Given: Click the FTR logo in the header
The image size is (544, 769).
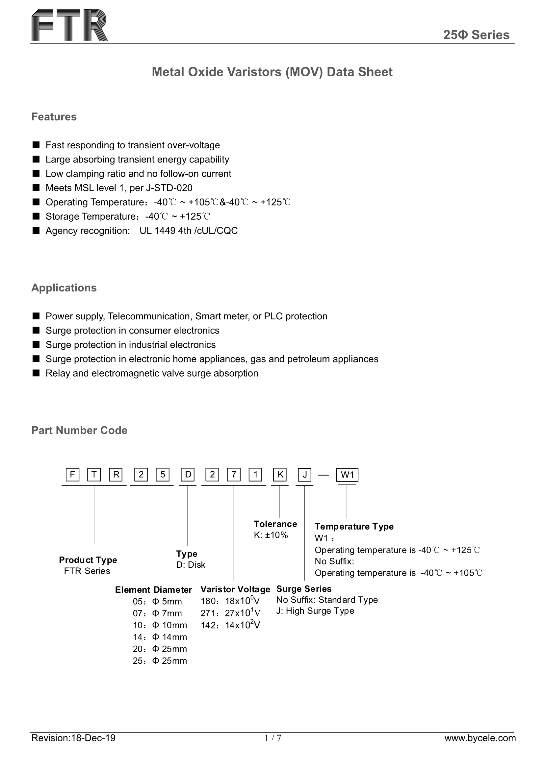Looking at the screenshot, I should (69, 25).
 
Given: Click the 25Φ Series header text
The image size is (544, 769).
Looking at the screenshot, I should (476, 35).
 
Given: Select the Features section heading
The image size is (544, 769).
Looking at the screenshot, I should (54, 117).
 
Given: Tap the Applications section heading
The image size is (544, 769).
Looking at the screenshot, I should (64, 288).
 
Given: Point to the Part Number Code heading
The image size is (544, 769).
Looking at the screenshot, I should (79, 431).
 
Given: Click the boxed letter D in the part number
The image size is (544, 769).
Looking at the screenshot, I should (188, 475).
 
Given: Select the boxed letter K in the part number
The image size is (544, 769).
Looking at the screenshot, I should (280, 475).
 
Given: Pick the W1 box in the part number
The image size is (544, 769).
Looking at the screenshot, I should (347, 475).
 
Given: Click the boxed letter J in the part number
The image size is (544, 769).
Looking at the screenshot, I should (305, 475).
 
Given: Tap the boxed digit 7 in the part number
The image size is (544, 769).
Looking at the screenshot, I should (234, 475).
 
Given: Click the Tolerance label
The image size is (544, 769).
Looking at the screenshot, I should (275, 524).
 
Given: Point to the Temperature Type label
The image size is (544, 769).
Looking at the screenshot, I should (354, 527).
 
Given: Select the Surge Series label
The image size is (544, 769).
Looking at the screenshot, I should (304, 589).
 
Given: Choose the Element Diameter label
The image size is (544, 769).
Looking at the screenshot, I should (153, 590).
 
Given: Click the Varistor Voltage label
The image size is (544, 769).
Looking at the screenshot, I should (235, 589).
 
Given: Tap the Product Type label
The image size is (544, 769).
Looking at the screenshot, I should (88, 560).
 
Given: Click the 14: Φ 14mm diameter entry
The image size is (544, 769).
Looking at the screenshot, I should (160, 637).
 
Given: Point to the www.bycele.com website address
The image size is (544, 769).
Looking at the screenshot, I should (480, 747).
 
